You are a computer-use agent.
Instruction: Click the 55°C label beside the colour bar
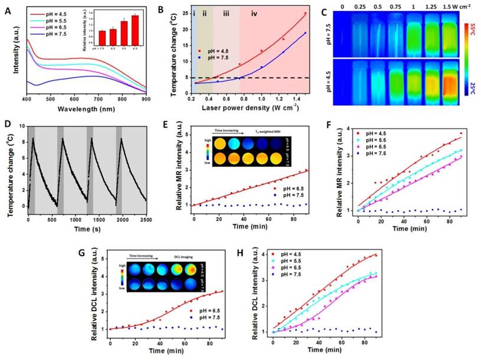tap(467, 27)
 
